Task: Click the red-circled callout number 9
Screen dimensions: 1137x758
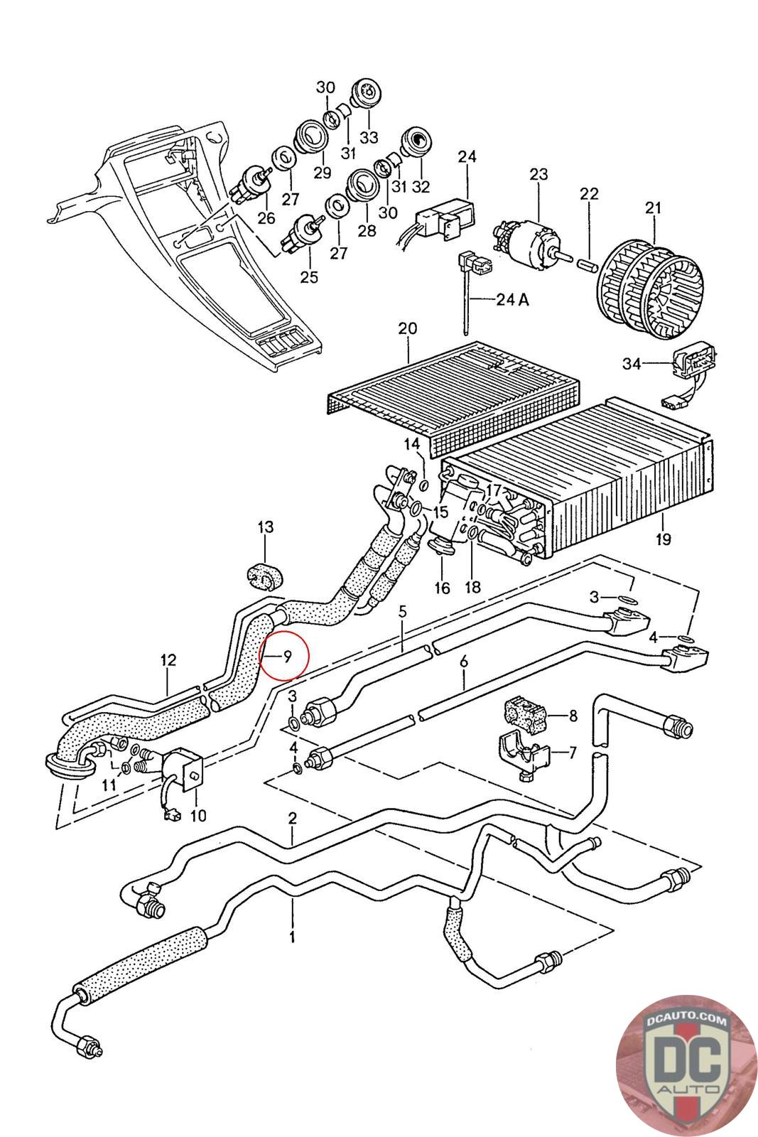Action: pos(286,655)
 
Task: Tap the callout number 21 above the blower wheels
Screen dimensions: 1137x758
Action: pos(653,208)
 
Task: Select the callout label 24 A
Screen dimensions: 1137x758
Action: pos(512,299)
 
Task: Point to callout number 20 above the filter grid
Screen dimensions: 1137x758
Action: pos(407,329)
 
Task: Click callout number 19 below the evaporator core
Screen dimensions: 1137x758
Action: pos(662,539)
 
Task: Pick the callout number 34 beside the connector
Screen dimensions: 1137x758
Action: pos(632,364)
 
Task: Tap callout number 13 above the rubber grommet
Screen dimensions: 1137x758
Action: pos(265,527)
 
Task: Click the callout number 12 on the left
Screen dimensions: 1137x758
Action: pos(168,659)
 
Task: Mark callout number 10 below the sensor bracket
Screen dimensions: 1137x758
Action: pos(198,814)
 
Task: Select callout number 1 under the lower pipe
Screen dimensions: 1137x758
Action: pos(292,937)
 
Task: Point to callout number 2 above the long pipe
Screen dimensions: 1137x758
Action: pos(291,819)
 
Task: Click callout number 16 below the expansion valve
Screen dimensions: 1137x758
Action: pos(442,587)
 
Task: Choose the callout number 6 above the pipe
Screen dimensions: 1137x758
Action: pos(464,662)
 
